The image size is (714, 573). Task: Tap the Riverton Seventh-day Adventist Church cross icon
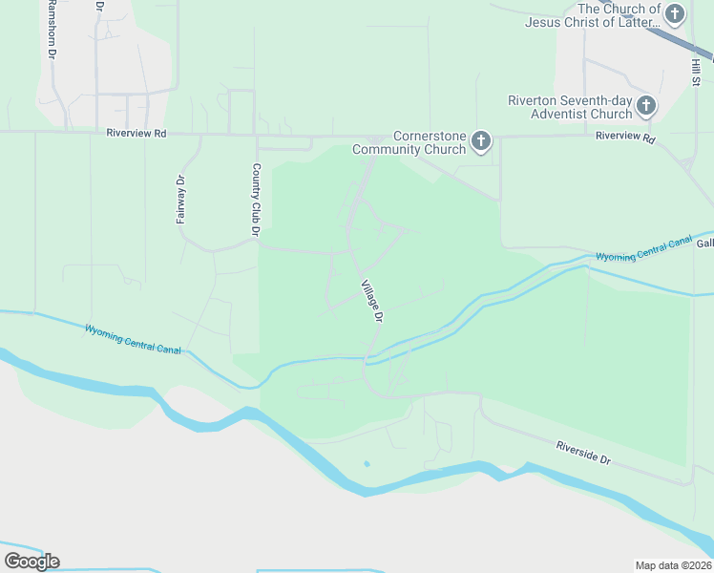[646, 106]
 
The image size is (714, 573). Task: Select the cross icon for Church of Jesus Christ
[676, 14]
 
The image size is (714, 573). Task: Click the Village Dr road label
[371, 300]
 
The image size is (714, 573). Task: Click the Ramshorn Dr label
[49, 31]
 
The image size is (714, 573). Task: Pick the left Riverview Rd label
[136, 135]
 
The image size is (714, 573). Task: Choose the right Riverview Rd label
[625, 138]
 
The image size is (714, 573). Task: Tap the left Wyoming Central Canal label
[133, 339]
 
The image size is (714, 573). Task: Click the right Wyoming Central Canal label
[643, 251]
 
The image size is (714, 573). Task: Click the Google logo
[31, 561]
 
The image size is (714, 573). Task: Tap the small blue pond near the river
[366, 464]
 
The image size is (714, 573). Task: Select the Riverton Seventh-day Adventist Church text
[570, 107]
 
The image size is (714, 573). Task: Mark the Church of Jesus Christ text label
[592, 15]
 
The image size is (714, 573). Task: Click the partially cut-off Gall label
[704, 244]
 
